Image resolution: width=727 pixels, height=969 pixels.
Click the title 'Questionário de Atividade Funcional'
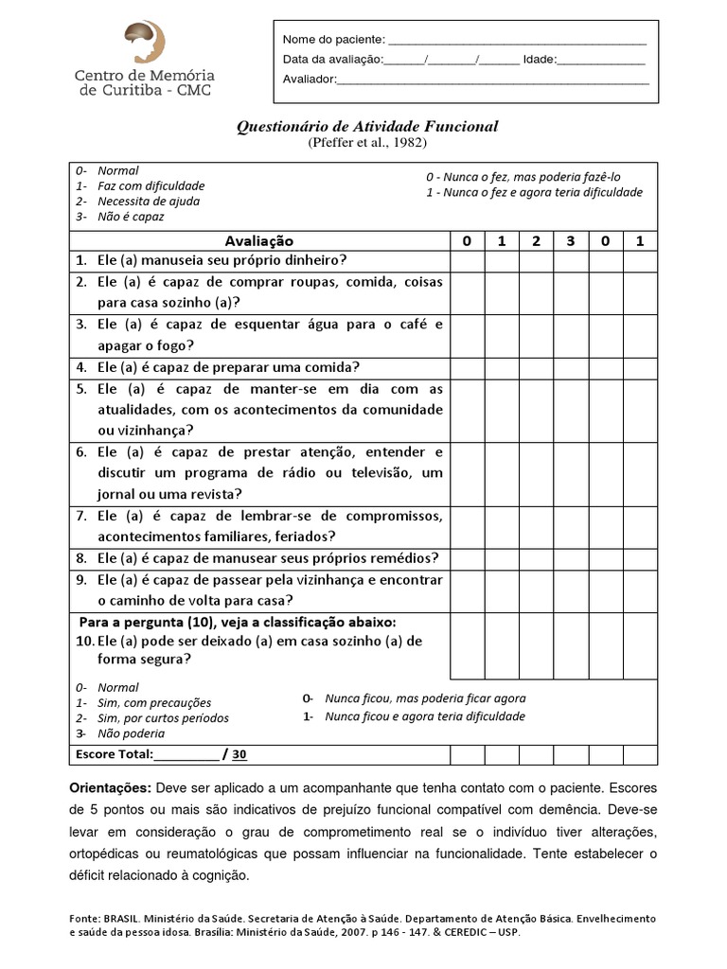[x=366, y=126]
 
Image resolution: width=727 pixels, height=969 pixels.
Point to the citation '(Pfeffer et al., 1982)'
[x=366, y=143]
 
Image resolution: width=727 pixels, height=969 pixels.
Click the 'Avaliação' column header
[x=259, y=240]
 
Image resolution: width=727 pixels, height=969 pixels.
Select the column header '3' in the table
[x=571, y=240]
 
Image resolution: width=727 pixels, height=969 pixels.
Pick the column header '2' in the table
[x=536, y=240]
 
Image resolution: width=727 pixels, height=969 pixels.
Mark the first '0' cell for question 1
[x=467, y=260]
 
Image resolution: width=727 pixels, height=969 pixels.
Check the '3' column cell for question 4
[x=571, y=367]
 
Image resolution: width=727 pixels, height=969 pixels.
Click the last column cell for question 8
[x=640, y=558]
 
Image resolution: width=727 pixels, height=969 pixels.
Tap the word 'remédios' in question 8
[x=401, y=558]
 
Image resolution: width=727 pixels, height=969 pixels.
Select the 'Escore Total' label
[x=112, y=754]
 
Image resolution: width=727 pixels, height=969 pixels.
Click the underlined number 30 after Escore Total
[x=239, y=754]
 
